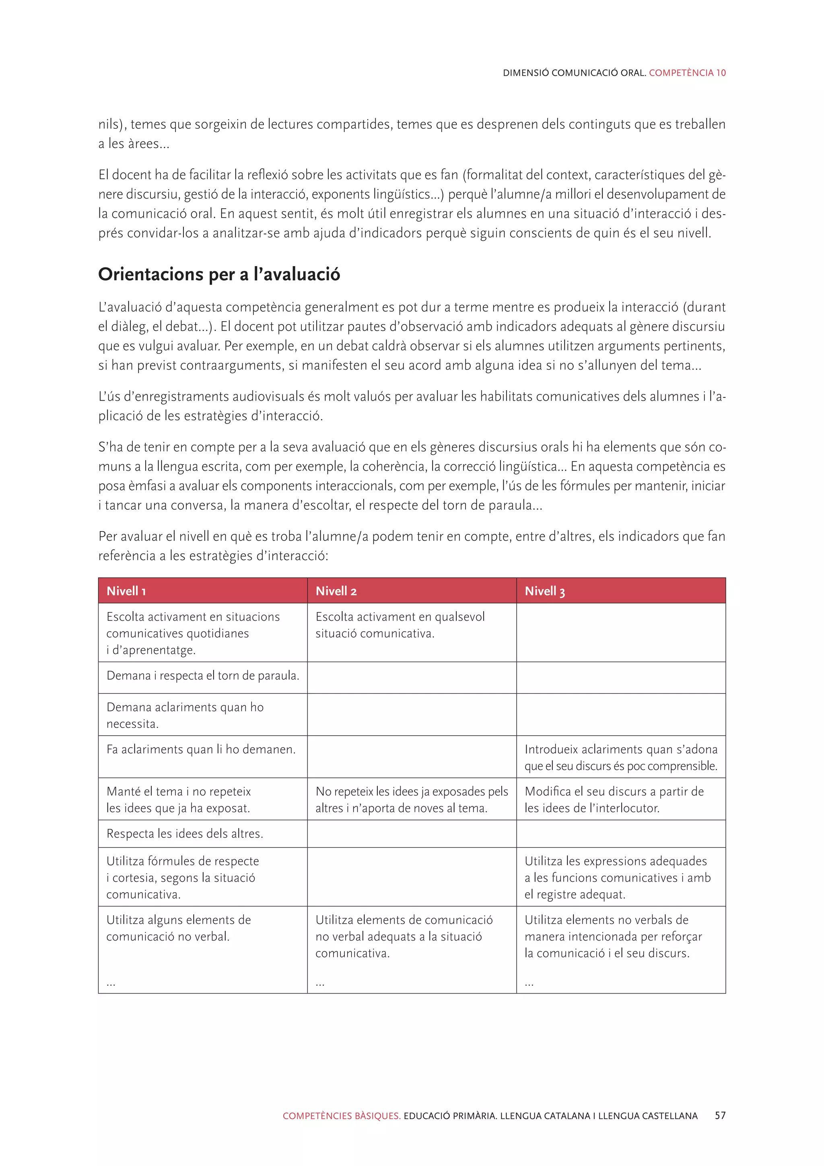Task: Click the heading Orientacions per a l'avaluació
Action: tap(219, 274)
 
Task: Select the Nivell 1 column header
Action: tap(126, 591)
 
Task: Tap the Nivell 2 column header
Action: tap(336, 591)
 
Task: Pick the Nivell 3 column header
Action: tap(544, 591)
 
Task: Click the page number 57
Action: tap(720, 1116)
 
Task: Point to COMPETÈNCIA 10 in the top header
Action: tap(687, 72)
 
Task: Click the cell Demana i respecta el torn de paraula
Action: tap(202, 676)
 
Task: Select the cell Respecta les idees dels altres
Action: tap(185, 833)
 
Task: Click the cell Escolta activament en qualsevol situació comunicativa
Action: tap(400, 624)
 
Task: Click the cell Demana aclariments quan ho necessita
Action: tap(185, 715)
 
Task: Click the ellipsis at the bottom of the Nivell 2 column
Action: tap(319, 984)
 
